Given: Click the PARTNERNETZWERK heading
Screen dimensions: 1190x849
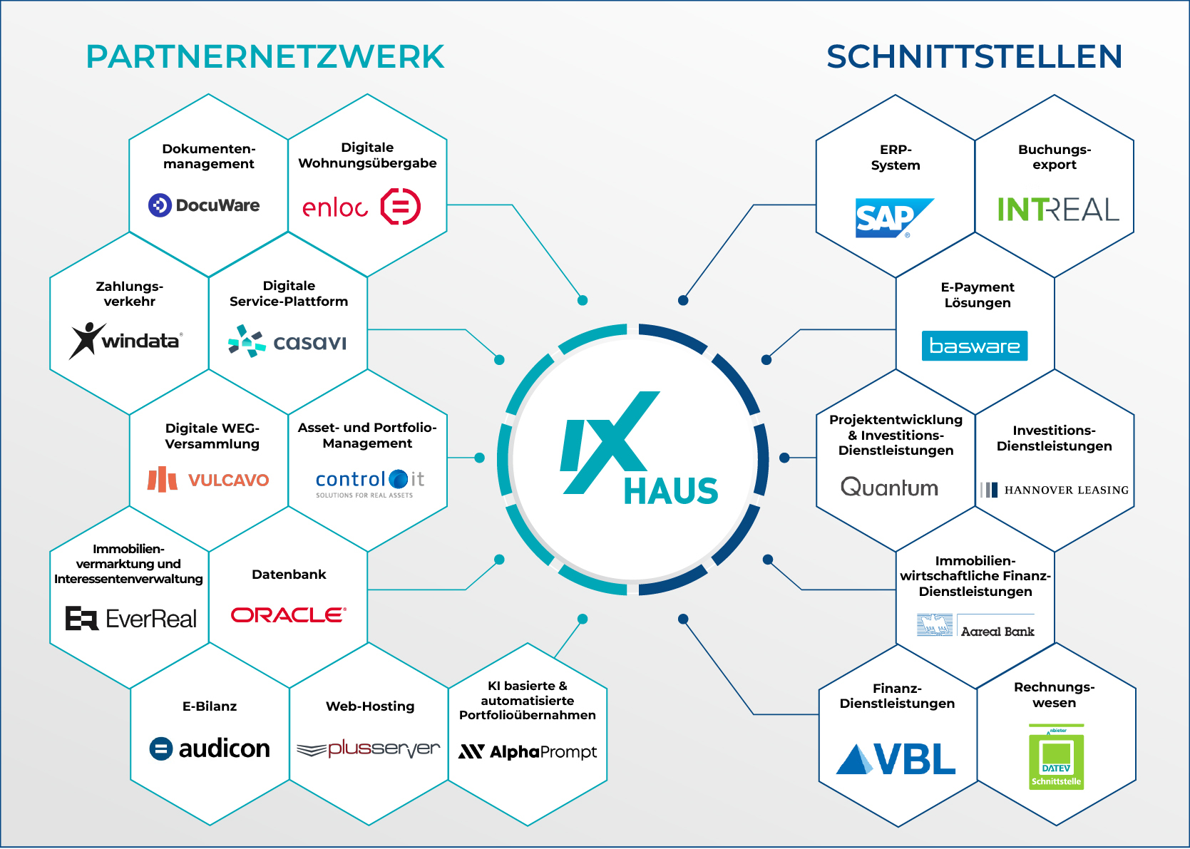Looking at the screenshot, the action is pos(265,57).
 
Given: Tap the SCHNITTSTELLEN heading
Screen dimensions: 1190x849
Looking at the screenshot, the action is pos(974,57).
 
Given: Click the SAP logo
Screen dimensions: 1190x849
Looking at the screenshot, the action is pos(894,218).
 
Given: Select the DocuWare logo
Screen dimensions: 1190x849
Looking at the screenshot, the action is pos(204,205).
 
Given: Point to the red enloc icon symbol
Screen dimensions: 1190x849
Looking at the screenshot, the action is pos(401,206).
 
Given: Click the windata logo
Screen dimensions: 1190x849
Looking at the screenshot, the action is pos(126,341).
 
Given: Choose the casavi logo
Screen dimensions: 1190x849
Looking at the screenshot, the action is pos(287,341).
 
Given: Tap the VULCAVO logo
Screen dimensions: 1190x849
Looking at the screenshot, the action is pos(208,479).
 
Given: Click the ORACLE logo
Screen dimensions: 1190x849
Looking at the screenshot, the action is pos(289,614).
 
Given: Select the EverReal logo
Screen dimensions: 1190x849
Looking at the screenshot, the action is pos(130,619).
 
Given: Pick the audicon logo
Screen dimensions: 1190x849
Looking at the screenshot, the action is pos(210,748).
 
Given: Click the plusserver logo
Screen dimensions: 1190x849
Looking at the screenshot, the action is pos(368,749).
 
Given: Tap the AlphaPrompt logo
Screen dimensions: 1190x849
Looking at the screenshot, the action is pos(528,752).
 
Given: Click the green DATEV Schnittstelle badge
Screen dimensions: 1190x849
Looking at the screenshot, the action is pos(1056,757).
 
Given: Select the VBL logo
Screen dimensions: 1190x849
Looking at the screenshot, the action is pos(896,758).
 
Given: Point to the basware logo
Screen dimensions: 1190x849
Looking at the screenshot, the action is pos(974,346).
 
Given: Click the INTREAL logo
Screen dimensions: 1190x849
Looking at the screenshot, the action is pos(1058,209).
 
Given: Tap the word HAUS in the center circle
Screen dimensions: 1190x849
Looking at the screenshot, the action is pos(671,490).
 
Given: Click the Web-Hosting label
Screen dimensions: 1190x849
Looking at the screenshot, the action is pos(370,706).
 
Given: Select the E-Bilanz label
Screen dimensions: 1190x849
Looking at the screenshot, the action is pos(210,706).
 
